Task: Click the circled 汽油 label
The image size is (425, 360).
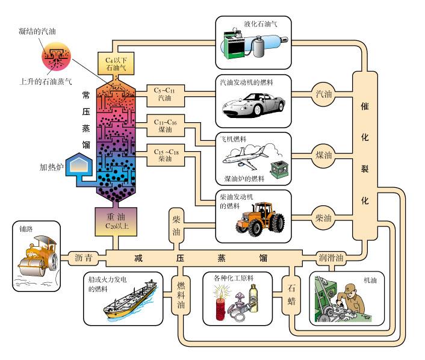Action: pyautogui.click(x=323, y=94)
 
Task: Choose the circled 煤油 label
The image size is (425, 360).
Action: pyautogui.click(x=323, y=155)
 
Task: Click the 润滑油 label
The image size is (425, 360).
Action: pyautogui.click(x=331, y=258)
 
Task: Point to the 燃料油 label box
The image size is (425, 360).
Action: pyautogui.click(x=181, y=296)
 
